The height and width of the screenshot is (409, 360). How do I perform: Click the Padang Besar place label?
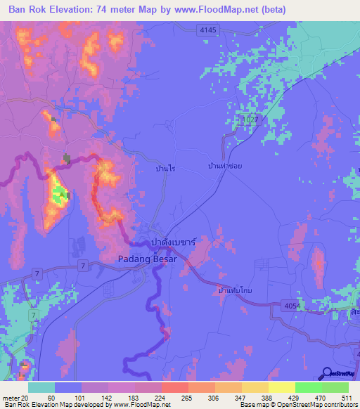click(145, 258)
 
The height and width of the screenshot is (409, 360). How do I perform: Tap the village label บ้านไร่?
click(165, 169)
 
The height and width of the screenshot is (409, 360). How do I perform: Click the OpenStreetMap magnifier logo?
click(327, 374)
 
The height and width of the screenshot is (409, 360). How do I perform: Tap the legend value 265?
click(186, 398)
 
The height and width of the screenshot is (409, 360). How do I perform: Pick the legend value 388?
click(266, 398)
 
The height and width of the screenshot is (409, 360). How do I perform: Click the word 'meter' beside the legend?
click(10, 398)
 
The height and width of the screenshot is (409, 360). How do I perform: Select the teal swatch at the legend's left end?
click(41, 387)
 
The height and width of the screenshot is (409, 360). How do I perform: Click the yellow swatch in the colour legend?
click(282, 387)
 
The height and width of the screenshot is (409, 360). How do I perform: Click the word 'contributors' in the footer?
click(340, 405)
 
